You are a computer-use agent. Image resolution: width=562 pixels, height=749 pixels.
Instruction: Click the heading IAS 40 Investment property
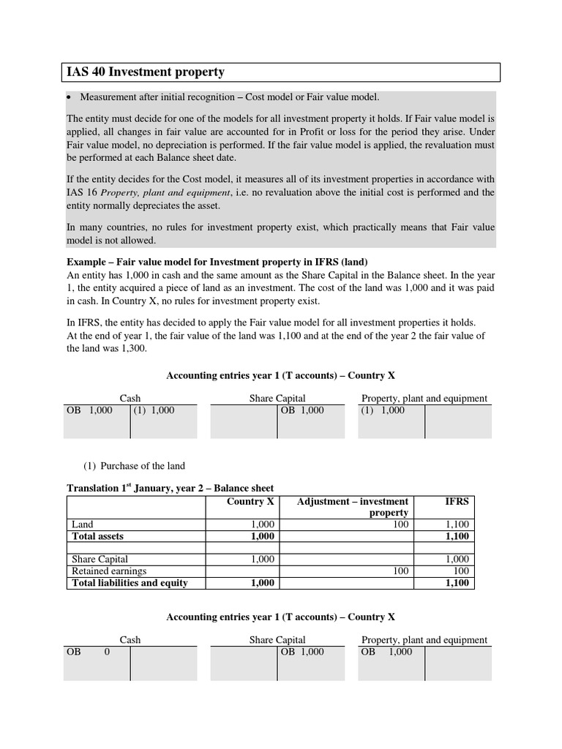click(x=145, y=72)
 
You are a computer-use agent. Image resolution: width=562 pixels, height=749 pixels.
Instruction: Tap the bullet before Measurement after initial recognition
click(x=70, y=97)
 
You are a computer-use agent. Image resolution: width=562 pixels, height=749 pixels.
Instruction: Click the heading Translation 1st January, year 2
click(x=170, y=489)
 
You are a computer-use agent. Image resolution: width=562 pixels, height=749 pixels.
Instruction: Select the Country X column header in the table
click(x=251, y=502)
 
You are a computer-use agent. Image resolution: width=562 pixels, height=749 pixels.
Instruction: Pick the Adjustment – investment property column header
click(x=353, y=507)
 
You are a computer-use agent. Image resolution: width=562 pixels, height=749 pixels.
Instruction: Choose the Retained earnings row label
click(x=109, y=571)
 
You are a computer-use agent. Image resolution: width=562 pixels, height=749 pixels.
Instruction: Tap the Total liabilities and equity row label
click(x=130, y=583)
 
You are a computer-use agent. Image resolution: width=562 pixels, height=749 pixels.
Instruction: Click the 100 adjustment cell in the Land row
click(x=400, y=525)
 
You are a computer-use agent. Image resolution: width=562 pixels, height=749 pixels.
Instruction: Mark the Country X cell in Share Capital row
click(x=262, y=559)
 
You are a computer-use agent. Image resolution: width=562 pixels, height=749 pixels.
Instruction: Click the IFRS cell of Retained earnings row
click(x=461, y=571)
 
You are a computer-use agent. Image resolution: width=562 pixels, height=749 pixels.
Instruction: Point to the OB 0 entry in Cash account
click(x=89, y=652)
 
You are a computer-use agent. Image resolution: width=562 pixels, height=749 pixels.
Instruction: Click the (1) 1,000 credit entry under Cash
click(x=154, y=410)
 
